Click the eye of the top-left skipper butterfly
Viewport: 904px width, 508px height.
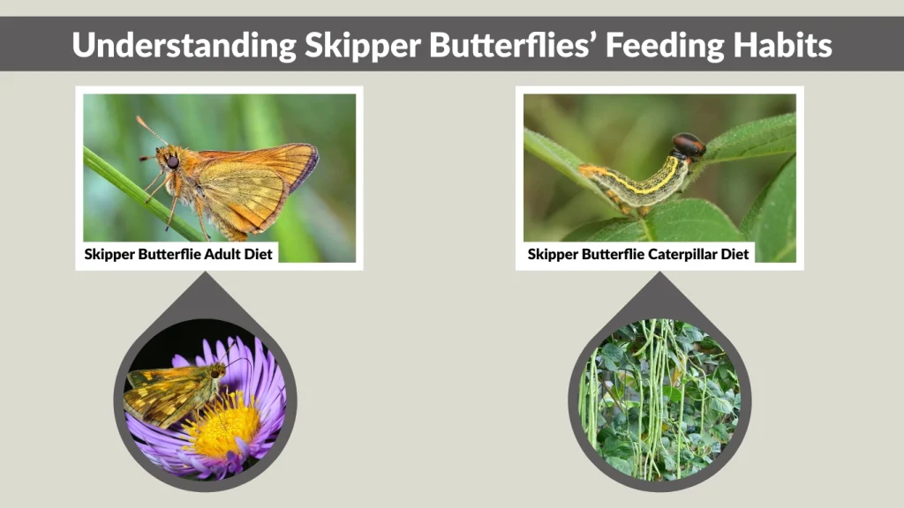click(172, 162)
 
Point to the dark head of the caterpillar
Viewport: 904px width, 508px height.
click(688, 146)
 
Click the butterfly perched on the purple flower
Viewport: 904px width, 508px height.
click(172, 392)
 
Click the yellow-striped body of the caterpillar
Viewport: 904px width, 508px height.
click(636, 179)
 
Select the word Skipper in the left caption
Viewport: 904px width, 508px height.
click(109, 254)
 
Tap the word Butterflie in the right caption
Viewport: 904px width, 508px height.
click(618, 254)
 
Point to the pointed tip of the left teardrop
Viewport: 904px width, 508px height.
click(205, 274)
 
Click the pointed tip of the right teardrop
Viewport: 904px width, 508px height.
click(659, 274)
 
